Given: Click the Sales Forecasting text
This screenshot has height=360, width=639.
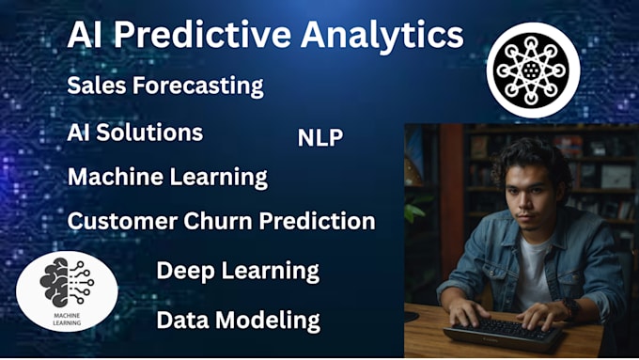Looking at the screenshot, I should tap(165, 86).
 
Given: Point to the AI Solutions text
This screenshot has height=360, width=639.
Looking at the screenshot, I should tap(135, 133).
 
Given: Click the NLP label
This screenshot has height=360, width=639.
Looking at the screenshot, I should tap(320, 138).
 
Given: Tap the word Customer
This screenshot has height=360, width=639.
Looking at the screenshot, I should tap(121, 222).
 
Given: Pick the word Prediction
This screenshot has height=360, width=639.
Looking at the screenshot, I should tap(326, 222).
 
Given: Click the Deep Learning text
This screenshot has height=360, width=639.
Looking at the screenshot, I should tap(238, 272).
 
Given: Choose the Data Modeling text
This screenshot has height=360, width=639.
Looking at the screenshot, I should tap(238, 321).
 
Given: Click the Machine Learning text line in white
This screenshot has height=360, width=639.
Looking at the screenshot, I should tap(167, 177).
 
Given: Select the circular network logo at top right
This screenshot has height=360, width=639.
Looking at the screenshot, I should tap(533, 70).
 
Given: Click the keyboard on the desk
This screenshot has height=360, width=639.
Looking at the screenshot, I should tap(503, 330).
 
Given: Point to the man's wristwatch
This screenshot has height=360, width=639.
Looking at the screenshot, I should tap(569, 306).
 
